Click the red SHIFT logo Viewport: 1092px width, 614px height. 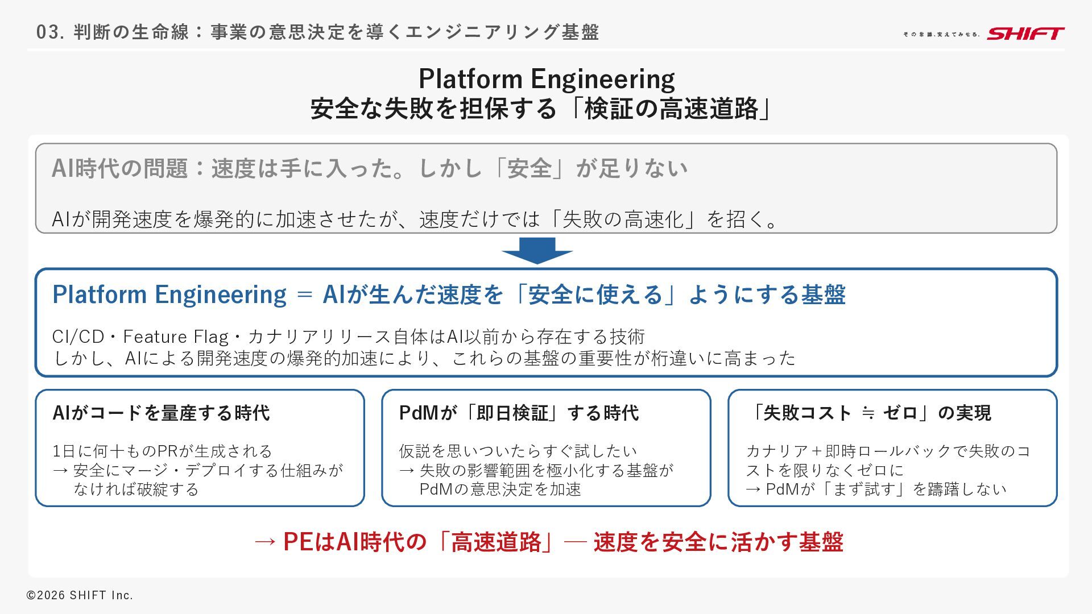pos(1025,34)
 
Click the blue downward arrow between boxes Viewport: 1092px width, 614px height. pos(537,250)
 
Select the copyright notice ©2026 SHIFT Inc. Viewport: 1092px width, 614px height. pos(80,595)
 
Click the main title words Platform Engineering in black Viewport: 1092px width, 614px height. pos(547,78)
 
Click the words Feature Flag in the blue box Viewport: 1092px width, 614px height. pos(176,337)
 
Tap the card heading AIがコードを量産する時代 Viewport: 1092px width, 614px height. pos(161,413)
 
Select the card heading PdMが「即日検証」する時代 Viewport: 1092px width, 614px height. pos(519,413)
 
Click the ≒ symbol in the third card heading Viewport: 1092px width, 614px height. pos(868,413)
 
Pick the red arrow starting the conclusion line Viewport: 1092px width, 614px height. pos(265,542)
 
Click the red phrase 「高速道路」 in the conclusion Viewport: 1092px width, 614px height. pos(496,542)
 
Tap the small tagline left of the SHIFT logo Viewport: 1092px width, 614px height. pos(941,35)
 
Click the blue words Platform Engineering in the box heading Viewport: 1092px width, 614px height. pos(169,294)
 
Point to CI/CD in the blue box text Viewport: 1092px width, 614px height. pos(78,337)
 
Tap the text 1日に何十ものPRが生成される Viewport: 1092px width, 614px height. pos(162,451)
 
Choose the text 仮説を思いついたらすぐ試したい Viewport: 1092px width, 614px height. pos(518,451)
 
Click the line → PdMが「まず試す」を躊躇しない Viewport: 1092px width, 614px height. pos(876,489)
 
